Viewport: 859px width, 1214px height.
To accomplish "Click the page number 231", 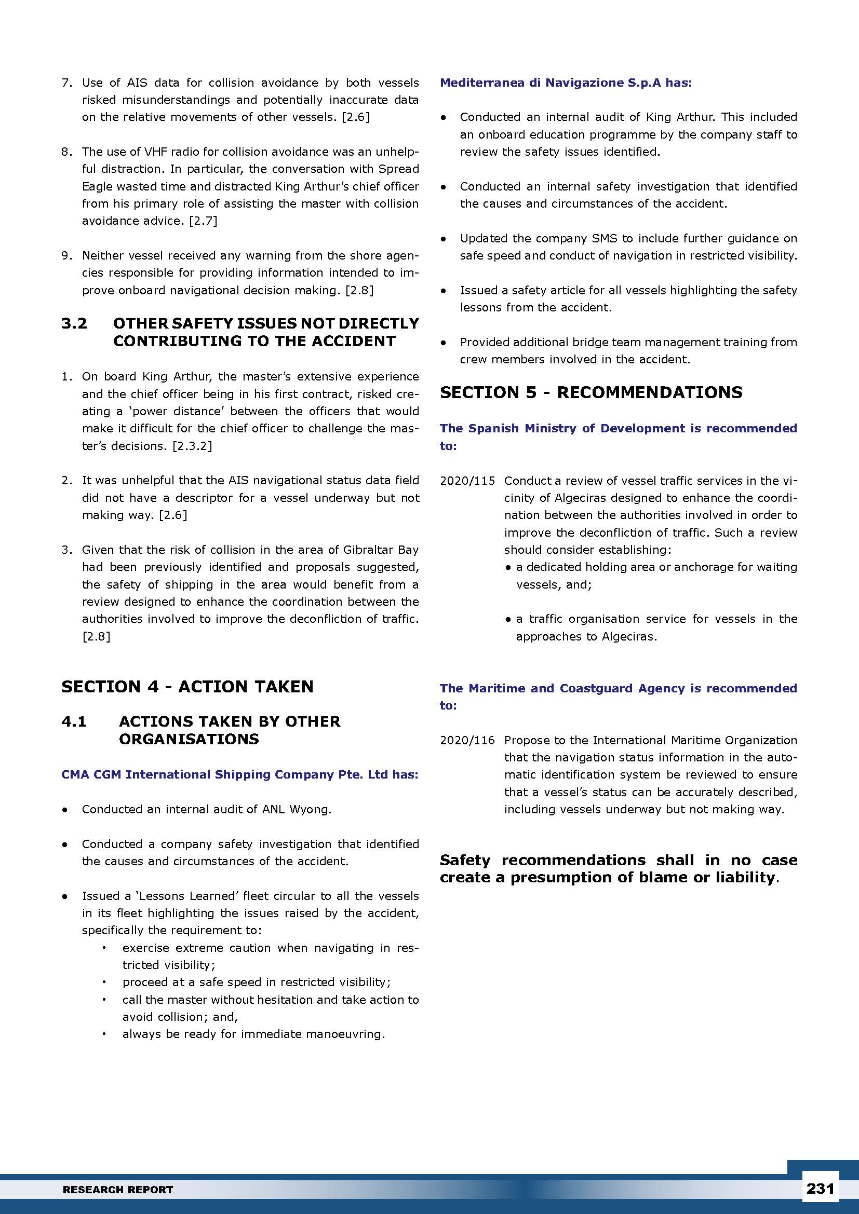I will pyautogui.click(x=820, y=1189).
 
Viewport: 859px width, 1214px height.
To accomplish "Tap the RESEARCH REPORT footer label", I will pyautogui.click(x=118, y=1190).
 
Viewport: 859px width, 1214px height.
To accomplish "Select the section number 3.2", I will pyautogui.click(x=74, y=323).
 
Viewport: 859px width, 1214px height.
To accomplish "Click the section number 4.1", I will pyautogui.click(x=74, y=721).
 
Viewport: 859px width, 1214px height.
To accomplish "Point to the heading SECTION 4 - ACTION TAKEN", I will pyautogui.click(x=187, y=686).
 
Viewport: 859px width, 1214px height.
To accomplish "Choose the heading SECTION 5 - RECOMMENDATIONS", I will pyautogui.click(x=591, y=392).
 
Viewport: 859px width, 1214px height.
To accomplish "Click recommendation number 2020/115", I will pyautogui.click(x=467, y=481).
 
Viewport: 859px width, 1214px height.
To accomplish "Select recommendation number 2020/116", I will pyautogui.click(x=467, y=740).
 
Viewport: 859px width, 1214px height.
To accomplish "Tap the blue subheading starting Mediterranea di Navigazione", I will pyautogui.click(x=566, y=83).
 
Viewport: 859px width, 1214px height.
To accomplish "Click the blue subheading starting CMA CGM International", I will pyautogui.click(x=239, y=774).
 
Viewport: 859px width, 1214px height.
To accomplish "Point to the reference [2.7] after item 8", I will pyautogui.click(x=203, y=221).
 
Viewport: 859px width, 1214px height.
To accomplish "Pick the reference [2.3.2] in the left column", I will pyautogui.click(x=192, y=446).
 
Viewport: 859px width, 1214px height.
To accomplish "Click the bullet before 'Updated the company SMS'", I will pyautogui.click(x=444, y=239).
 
